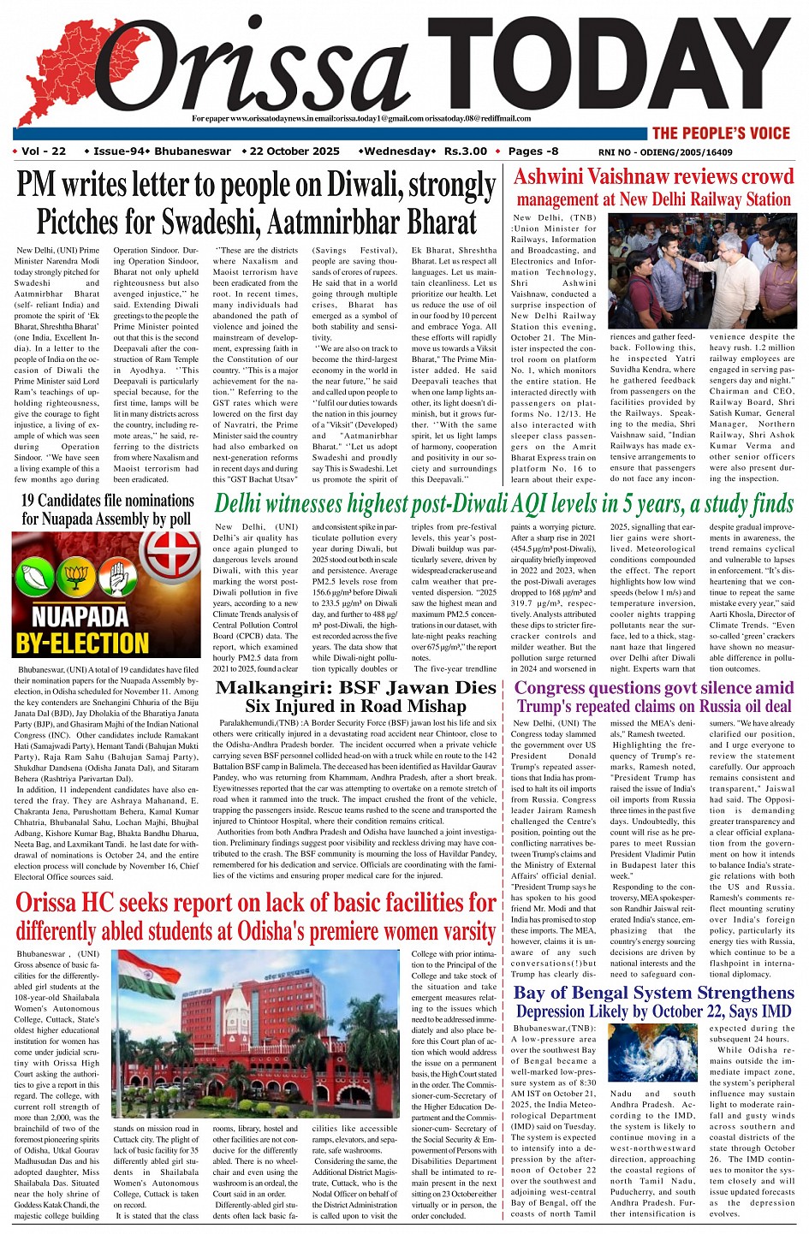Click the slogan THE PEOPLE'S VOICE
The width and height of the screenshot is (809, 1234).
tap(720, 133)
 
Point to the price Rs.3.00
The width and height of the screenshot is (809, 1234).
tap(465, 151)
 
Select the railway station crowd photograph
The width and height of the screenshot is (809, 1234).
tap(702, 271)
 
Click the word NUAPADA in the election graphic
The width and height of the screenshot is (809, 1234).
tap(80, 616)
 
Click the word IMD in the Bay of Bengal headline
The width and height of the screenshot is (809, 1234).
tap(774, 1012)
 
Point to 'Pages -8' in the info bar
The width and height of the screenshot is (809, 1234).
tap(532, 151)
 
